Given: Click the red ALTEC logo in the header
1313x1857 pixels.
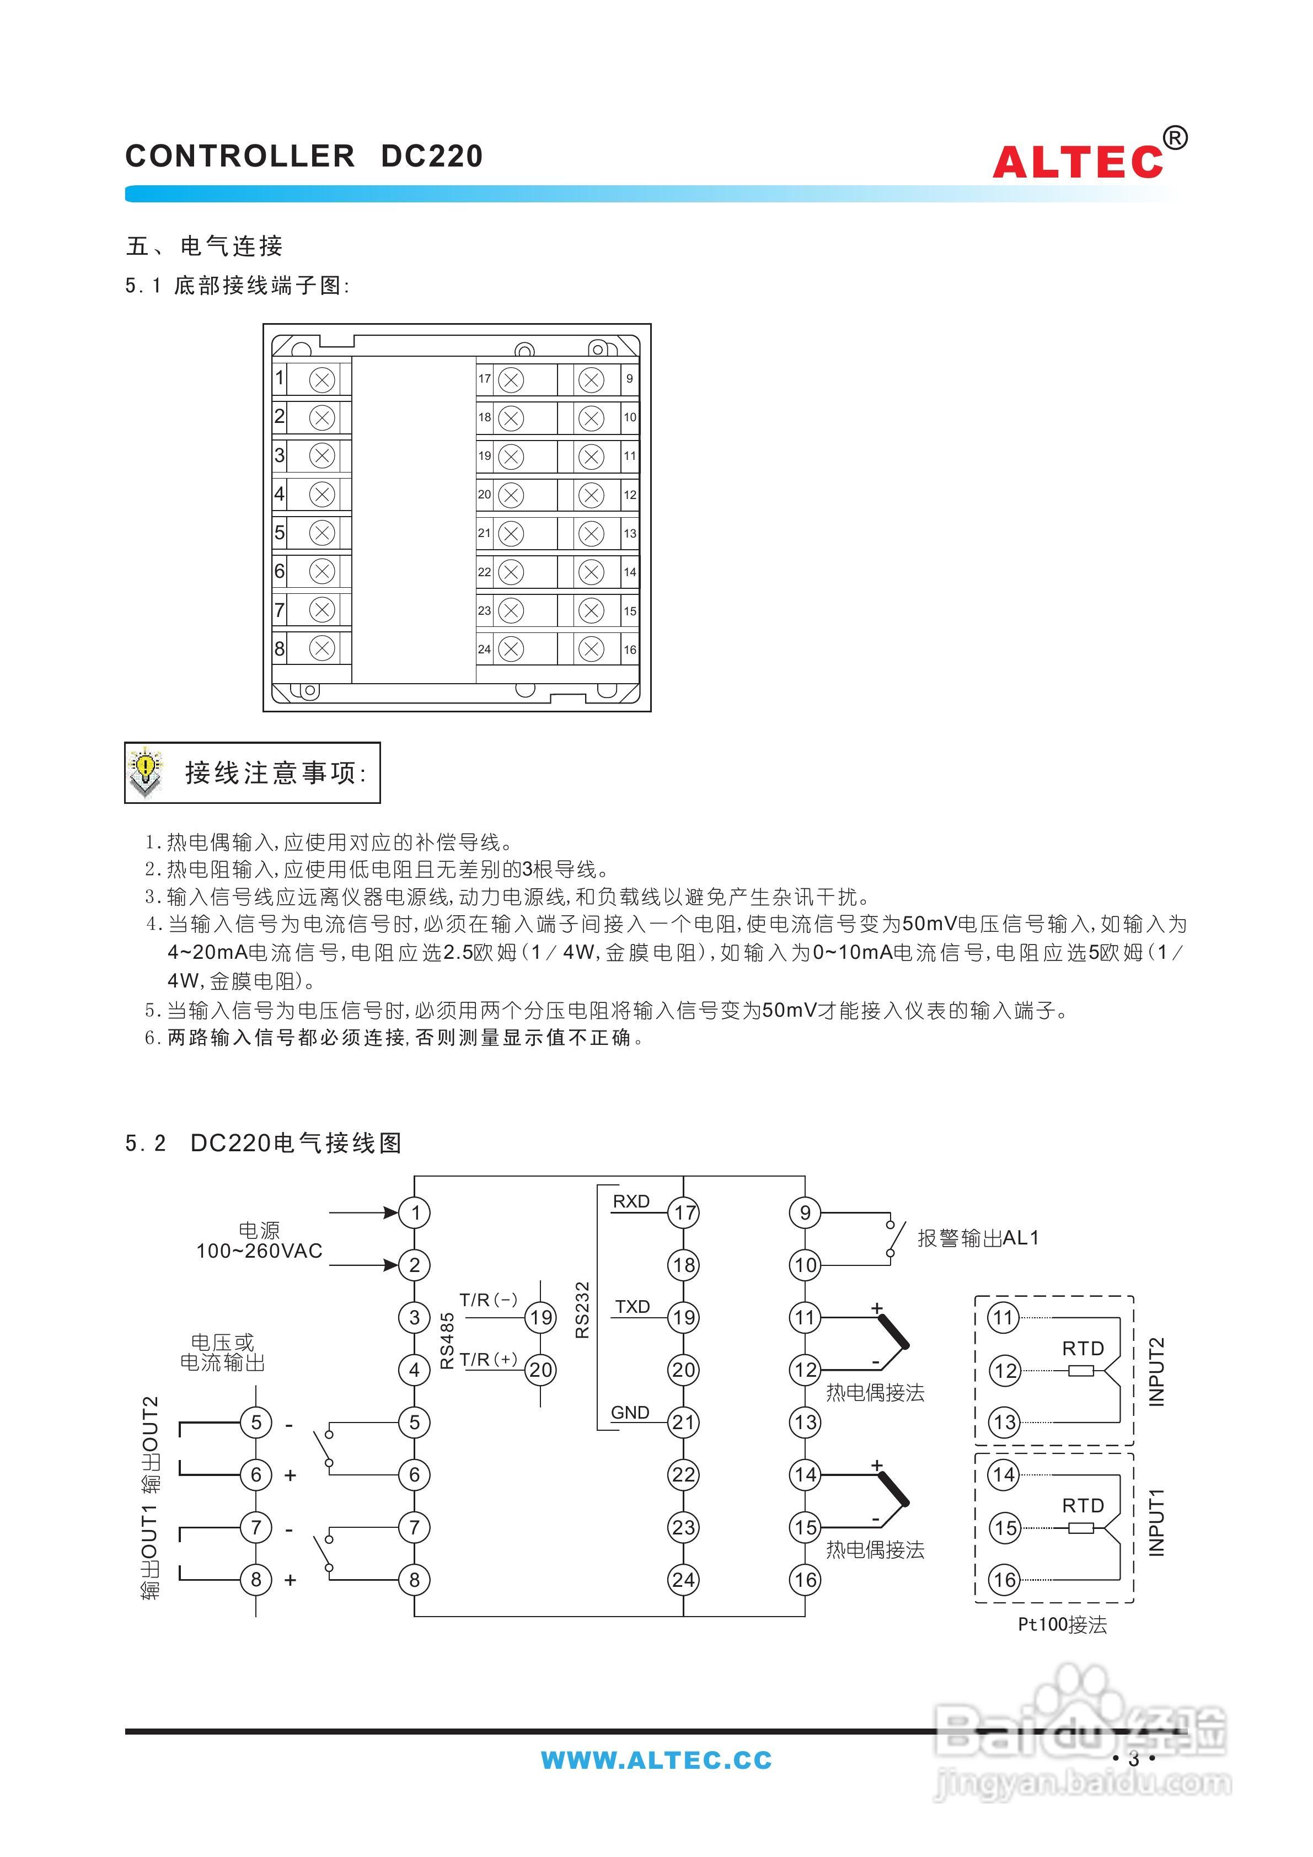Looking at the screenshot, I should click(1077, 162).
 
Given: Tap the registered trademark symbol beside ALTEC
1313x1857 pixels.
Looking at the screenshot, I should click(1176, 138).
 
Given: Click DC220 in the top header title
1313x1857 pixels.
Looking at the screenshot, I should click(432, 156).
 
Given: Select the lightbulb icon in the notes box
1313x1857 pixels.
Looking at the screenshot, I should click(146, 771).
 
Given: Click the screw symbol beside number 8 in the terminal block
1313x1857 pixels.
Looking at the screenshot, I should click(322, 648).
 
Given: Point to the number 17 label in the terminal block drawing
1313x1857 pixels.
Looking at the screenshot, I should click(484, 379).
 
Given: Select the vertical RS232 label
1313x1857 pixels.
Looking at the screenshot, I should click(582, 1309).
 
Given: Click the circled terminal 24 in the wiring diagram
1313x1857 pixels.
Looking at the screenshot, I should click(684, 1580).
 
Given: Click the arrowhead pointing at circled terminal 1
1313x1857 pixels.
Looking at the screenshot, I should click(392, 1212).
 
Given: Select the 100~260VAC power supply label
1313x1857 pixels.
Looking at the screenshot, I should click(259, 1251).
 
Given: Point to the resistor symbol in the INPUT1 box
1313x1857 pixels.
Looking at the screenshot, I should click(1081, 1528).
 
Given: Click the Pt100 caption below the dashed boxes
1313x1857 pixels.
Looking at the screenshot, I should click(1062, 1625).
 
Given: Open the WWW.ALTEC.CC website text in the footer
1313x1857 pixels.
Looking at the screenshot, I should click(656, 1760).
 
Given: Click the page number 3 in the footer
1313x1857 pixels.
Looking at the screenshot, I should click(1133, 1758).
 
